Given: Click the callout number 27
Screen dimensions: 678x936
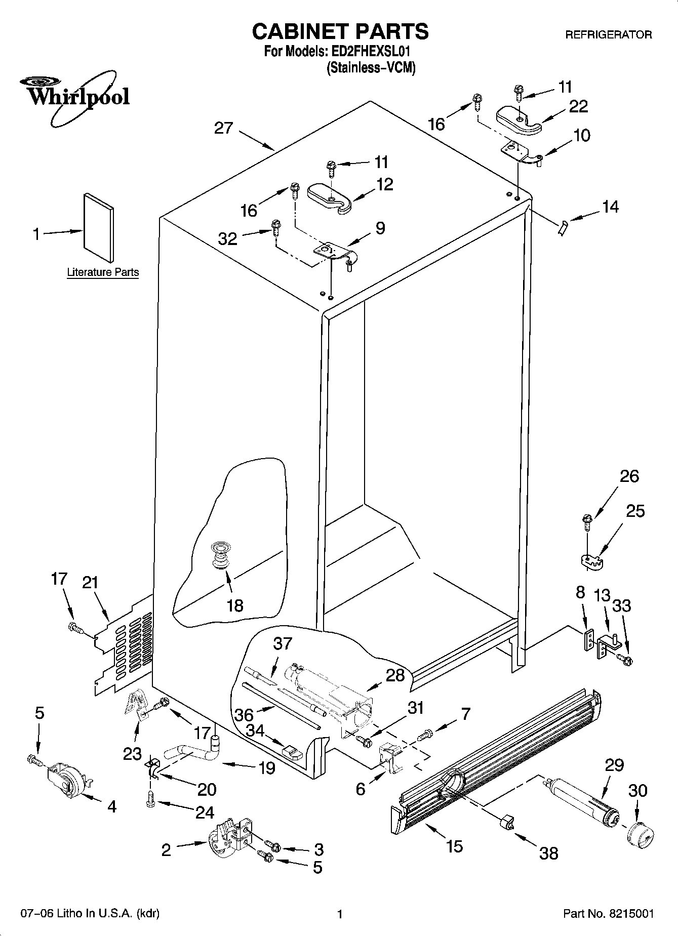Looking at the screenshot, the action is point(223,128).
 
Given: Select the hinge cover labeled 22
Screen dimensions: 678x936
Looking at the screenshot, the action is point(519,120).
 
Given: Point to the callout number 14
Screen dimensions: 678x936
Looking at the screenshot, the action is point(610,207).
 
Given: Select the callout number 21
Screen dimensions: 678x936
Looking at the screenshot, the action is point(90,583).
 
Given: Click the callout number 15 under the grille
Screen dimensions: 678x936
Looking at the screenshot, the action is point(455,846).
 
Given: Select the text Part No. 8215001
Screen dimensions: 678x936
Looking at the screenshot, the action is point(608,914).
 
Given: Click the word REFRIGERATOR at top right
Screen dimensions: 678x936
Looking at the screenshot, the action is point(608,35).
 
